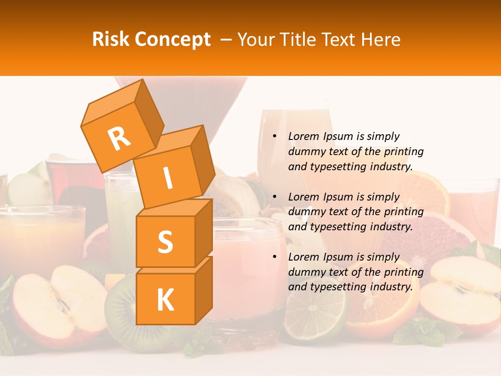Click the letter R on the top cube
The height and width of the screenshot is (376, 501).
(x=119, y=138)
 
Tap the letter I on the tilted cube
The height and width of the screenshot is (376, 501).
(x=168, y=179)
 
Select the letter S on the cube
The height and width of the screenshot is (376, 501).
(x=165, y=242)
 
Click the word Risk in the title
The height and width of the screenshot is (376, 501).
(x=110, y=40)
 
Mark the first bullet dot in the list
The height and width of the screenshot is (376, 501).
(x=275, y=136)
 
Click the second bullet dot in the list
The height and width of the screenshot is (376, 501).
(x=275, y=197)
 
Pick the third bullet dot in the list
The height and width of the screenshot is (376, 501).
(x=275, y=257)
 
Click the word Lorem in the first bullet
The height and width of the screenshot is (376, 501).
(x=303, y=136)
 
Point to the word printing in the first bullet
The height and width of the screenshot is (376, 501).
(x=403, y=151)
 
